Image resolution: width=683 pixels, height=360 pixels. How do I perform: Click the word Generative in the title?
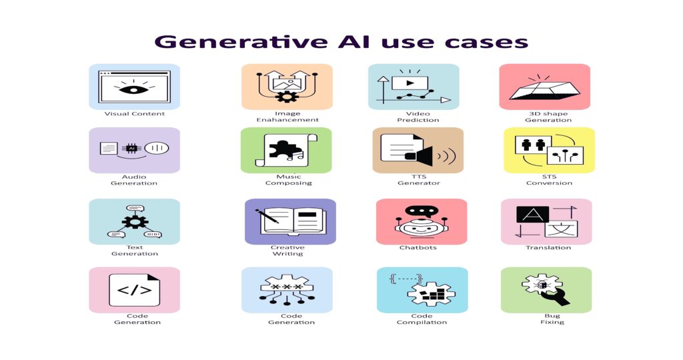pos(241,42)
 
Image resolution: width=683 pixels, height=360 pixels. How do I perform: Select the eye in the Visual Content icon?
pos(133,90)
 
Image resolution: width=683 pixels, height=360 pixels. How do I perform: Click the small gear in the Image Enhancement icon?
pos(287,96)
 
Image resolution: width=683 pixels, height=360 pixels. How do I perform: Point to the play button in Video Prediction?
pos(410,83)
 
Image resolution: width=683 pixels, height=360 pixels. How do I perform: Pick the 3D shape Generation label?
pos(548,117)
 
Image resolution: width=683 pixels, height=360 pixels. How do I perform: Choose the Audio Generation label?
pos(134,180)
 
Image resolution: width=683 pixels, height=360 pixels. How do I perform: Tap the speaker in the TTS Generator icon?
pos(419,156)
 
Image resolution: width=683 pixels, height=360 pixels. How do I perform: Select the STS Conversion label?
pos(549,180)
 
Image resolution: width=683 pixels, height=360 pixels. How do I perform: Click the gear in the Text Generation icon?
pos(135,221)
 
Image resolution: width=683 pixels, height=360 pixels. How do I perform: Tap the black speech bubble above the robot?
pos(421,211)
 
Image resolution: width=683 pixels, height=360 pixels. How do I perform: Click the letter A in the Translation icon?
pos(532,215)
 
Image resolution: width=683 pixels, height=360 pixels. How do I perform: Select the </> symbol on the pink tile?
pos(135,290)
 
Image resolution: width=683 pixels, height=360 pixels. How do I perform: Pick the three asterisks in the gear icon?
pos(287,287)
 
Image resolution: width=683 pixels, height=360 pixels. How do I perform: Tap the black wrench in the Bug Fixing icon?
pos(556,296)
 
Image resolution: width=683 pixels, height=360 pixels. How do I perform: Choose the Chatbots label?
pos(418,248)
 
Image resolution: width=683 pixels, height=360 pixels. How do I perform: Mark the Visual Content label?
pos(135,113)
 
